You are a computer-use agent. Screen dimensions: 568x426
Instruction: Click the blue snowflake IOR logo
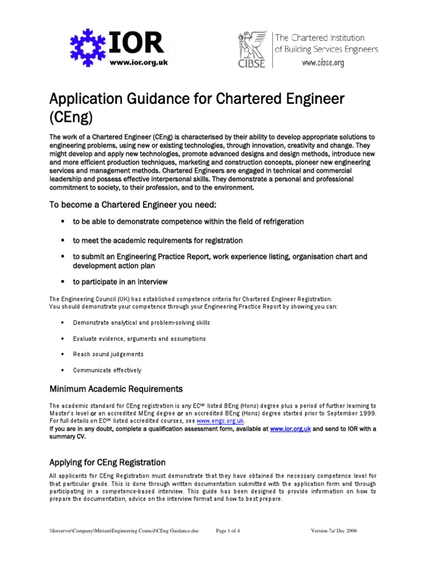[89, 45]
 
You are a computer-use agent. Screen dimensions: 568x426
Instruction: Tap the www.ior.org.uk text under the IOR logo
[138, 63]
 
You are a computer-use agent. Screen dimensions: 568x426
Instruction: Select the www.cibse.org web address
[323, 63]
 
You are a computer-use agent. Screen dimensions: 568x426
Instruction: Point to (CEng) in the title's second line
[71, 118]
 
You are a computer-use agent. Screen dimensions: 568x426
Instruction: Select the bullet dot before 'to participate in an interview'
[63, 282]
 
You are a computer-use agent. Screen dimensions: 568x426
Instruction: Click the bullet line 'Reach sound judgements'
[108, 354]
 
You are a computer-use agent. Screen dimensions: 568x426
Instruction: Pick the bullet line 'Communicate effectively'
[107, 370]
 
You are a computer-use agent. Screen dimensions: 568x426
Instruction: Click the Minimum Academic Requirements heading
[116, 388]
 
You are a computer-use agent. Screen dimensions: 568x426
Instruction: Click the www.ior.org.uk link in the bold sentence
[290, 429]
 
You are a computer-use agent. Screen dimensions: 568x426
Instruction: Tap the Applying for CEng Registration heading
[108, 462]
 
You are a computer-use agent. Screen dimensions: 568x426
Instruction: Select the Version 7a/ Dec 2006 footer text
[334, 531]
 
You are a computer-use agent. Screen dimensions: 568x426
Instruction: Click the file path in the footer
[123, 531]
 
